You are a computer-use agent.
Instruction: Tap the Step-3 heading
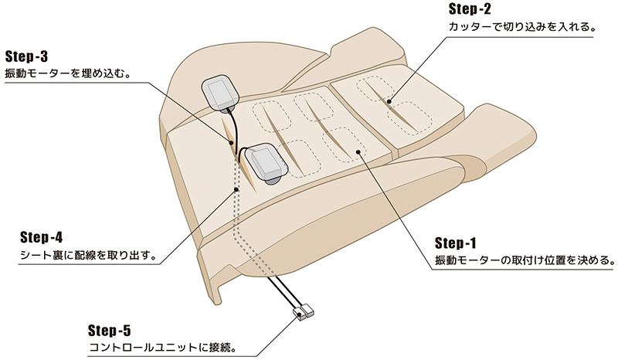point(27,56)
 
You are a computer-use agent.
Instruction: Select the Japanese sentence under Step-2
point(521,28)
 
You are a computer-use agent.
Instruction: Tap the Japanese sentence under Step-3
point(67,76)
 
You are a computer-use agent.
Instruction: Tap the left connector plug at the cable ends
point(298,313)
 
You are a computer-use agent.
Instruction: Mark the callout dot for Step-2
point(391,101)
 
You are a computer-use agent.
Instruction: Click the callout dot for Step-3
point(231,141)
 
